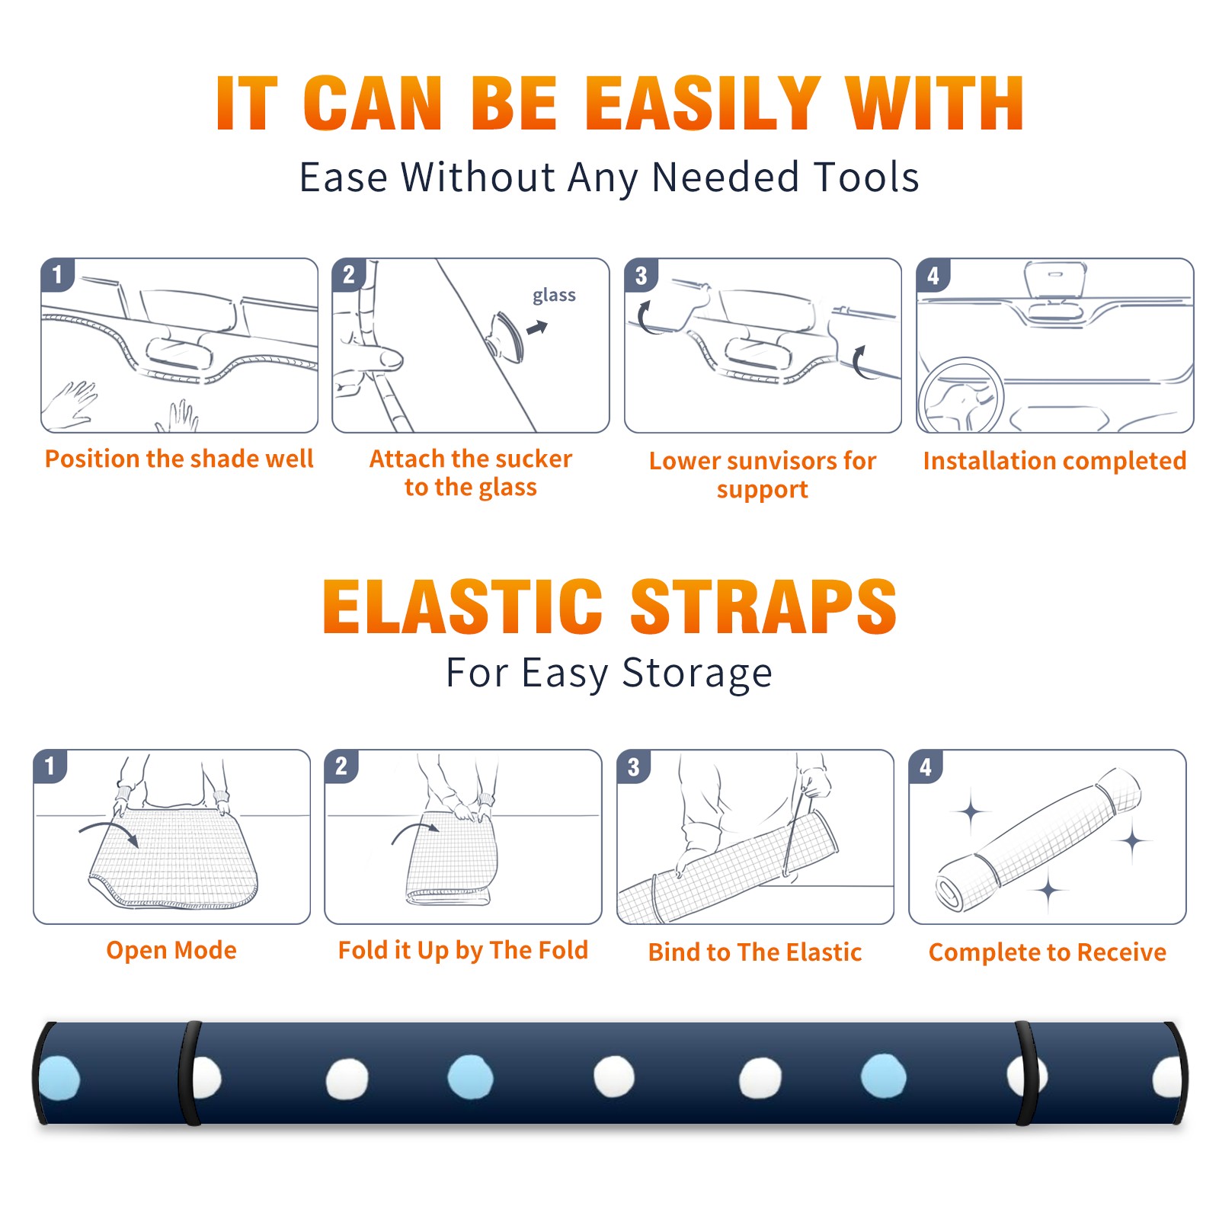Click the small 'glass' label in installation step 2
pos(554,296)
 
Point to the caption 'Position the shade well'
pos(179,459)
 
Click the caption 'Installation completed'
pos(1054,461)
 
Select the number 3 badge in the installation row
pos(641,275)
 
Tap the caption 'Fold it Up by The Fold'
pos(463,950)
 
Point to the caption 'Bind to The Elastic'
pos(755,952)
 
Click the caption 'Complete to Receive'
pos(1048,952)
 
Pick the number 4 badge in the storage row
pos(926,766)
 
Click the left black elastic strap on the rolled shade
pos(190,1073)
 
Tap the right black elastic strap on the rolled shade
pos(1025,1073)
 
